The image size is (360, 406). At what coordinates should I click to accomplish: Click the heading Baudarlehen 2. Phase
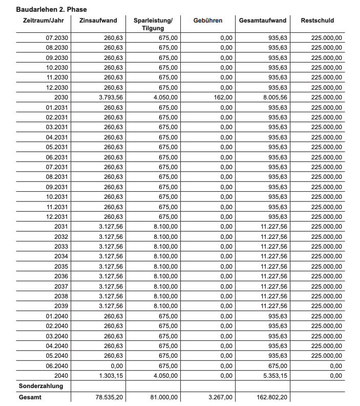pos(52,9)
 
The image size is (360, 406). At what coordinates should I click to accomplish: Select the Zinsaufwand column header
pos(98,21)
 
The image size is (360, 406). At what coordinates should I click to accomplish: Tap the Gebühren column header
pos(208,21)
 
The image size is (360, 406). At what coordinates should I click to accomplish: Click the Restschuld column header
pos(317,21)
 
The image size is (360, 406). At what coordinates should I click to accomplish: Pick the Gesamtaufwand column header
pos(263,21)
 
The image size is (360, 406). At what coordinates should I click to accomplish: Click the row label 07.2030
pos(57,37)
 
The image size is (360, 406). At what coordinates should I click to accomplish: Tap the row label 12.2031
pos(57,216)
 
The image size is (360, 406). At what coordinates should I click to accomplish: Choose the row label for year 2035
pos(61,266)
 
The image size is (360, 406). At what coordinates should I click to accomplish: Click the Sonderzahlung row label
pos(41,385)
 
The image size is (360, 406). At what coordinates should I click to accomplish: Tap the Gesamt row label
pos(30,397)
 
